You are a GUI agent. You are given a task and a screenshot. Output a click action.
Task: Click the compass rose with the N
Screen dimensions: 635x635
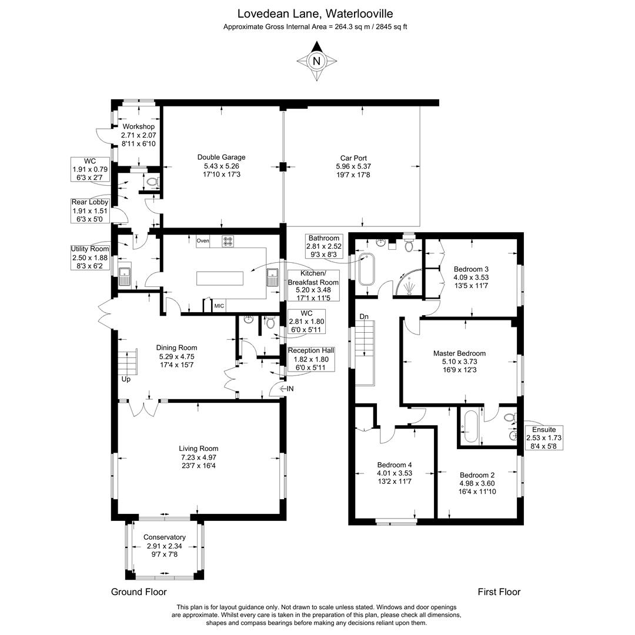coord(316,61)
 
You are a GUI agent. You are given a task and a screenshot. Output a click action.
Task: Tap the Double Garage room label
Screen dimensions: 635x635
coord(221,166)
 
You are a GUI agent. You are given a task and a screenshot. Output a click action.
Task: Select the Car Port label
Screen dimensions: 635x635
coord(353,166)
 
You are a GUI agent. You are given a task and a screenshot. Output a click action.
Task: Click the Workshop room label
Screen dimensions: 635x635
coord(138,135)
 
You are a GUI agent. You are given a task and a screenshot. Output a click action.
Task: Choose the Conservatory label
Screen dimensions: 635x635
coord(165,546)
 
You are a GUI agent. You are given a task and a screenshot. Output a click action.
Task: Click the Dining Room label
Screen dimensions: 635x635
coord(176,356)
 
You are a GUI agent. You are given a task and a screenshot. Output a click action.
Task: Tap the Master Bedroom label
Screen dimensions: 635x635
coord(459,362)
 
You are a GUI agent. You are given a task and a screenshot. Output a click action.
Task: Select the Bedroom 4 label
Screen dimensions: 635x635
coord(395,472)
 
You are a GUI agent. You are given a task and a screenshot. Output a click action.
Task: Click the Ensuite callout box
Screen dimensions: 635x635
coord(544,438)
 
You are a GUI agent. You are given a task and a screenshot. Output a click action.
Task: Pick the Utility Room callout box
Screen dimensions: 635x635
coord(90,258)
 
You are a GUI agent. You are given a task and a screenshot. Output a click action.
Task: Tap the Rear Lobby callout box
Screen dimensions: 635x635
coord(90,210)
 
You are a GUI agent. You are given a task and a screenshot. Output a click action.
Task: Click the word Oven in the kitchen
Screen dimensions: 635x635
coord(203,240)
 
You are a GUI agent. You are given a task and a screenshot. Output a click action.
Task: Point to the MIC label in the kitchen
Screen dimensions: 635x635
coord(219,306)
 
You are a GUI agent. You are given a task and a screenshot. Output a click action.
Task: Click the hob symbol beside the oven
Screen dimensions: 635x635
coord(228,240)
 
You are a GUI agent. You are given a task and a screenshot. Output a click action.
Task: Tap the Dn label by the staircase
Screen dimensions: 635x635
coord(364,317)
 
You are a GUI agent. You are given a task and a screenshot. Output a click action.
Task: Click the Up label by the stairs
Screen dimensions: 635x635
coord(126,379)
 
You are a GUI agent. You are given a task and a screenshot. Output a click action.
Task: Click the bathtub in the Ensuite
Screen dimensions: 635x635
coord(471,426)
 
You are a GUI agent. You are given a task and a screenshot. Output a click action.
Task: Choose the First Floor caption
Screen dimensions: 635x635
coord(499,592)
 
